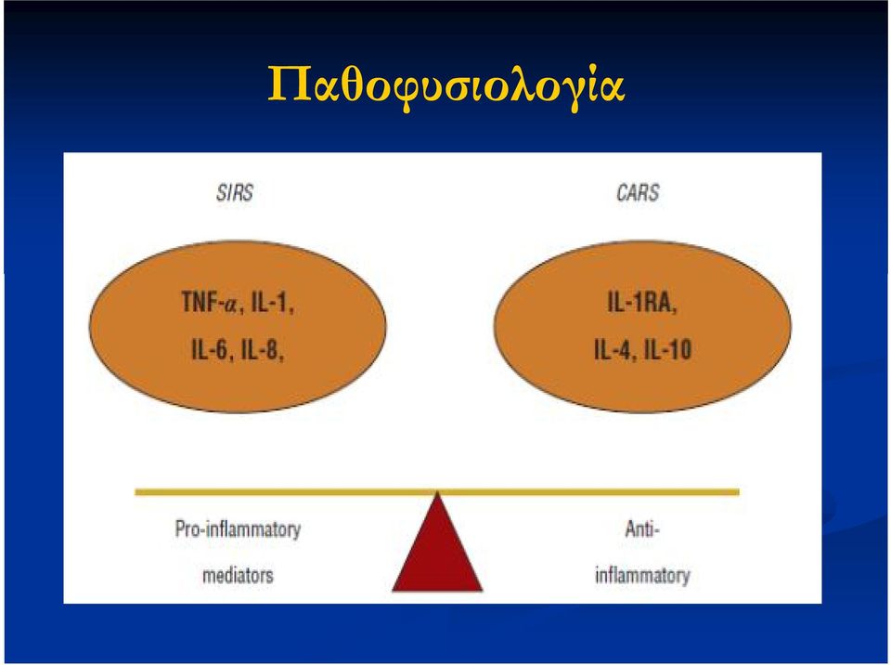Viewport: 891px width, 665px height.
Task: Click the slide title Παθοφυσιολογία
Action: point(446,85)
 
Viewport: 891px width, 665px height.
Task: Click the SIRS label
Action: point(235,193)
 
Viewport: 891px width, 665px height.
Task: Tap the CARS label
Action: point(638,193)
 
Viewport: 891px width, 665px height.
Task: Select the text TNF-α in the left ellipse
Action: point(209,302)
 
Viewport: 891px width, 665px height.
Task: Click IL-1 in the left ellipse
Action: point(272,302)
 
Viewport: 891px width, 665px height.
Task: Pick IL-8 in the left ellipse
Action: point(263,349)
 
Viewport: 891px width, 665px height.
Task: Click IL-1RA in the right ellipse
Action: point(642,302)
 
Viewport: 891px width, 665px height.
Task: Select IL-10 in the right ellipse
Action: point(667,349)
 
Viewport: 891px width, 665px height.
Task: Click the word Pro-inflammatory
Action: point(238,529)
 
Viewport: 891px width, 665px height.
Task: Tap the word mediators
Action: point(238,575)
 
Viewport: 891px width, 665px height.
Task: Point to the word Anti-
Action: point(642,529)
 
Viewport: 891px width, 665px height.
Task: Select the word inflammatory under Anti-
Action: point(642,575)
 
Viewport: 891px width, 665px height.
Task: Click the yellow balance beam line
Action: point(437,492)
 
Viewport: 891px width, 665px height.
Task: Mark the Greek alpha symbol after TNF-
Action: point(230,305)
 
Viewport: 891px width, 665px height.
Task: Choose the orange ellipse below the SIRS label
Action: point(238,326)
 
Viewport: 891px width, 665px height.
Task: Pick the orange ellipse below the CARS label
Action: point(642,326)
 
